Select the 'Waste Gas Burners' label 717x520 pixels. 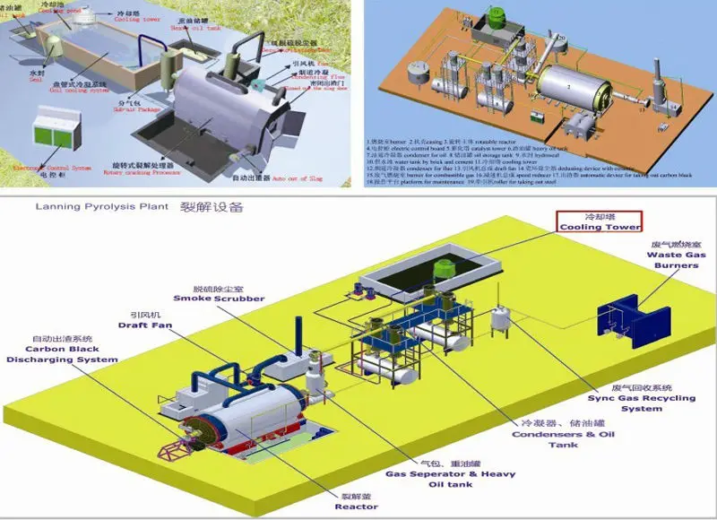click(673, 260)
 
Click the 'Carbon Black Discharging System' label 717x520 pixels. click(63, 354)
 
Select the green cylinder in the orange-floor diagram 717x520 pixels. click(496, 21)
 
